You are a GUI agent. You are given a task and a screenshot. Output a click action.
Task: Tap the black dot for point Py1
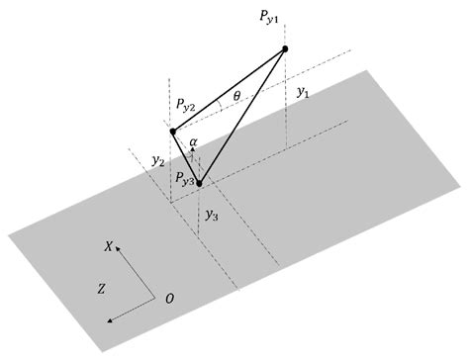285,48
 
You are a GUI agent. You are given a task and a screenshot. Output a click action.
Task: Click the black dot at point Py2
172,131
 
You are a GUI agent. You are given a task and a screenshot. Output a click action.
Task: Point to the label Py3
183,178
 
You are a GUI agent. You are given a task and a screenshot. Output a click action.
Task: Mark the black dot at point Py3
199,183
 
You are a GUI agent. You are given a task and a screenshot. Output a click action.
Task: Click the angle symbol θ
235,97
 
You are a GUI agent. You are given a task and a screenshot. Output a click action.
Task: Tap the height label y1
303,91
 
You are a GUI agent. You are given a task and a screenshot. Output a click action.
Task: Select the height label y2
157,160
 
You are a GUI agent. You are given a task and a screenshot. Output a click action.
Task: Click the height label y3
212,214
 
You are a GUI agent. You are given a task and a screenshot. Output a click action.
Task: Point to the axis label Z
102,289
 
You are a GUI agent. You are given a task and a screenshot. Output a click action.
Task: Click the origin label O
170,298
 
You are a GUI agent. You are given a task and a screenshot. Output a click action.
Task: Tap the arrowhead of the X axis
119,250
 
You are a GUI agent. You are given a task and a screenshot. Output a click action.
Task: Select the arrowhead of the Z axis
109,318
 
